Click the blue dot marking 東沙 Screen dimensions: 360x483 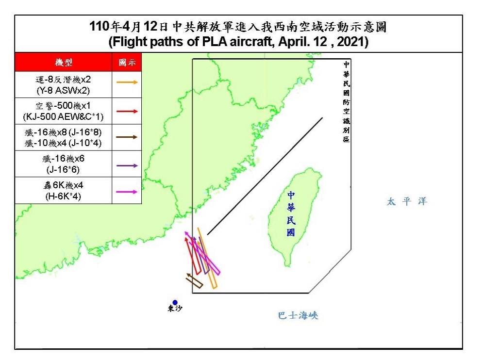click(x=175, y=303)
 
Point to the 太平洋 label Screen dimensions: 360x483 click(x=407, y=201)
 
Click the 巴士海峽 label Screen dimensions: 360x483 click(x=298, y=315)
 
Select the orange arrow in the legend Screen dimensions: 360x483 click(x=127, y=82)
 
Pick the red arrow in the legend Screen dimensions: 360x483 click(x=127, y=111)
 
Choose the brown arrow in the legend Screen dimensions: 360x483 click(x=127, y=138)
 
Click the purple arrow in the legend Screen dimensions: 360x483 click(x=127, y=166)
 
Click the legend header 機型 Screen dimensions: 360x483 click(x=64, y=63)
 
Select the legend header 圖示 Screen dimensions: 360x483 click(x=127, y=63)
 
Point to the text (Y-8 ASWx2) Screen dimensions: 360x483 click(x=64, y=90)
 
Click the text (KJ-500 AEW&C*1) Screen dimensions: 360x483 click(x=64, y=117)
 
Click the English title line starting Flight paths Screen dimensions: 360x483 click(x=238, y=42)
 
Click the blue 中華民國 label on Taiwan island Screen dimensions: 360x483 click(x=291, y=213)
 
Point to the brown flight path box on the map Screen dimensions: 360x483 click(x=194, y=280)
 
